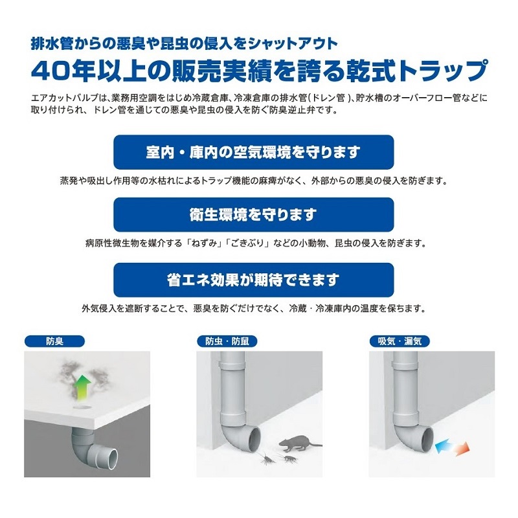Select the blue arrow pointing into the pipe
click(445, 447)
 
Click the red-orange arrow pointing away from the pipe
click(461, 449)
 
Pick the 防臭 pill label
click(54, 341)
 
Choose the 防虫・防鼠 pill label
click(227, 341)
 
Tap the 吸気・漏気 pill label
click(400, 341)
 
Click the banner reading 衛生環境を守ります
click(253, 215)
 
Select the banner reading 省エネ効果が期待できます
click(253, 280)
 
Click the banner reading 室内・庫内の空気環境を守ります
click(253, 152)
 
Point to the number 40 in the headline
click(49, 71)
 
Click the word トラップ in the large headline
click(444, 70)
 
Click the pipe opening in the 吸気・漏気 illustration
click(426, 439)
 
